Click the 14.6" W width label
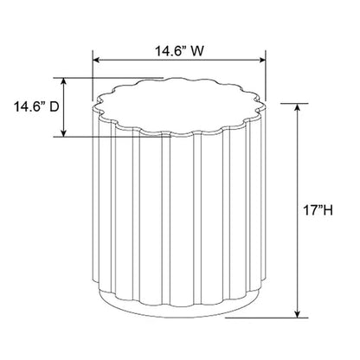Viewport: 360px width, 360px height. click(x=179, y=52)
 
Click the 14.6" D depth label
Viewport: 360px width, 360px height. click(x=36, y=107)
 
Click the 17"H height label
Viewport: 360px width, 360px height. click(x=318, y=210)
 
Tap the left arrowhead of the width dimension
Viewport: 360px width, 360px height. click(x=95, y=60)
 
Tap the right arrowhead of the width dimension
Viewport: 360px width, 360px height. click(x=262, y=60)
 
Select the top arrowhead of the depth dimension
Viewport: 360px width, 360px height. click(x=64, y=81)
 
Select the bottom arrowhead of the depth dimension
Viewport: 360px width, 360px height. click(x=64, y=133)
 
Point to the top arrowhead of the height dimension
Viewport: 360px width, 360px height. click(x=298, y=106)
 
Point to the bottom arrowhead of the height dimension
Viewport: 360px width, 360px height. click(x=298, y=314)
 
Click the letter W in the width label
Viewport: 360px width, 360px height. click(x=198, y=52)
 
